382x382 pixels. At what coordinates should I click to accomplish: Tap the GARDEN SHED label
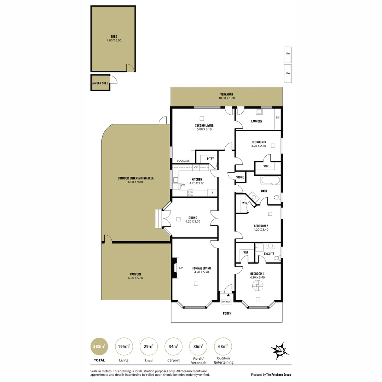click(100, 83)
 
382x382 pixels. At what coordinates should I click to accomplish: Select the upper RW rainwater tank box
click(288, 53)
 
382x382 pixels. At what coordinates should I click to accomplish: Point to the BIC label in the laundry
click(277, 117)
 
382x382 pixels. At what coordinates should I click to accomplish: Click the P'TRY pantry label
click(210, 159)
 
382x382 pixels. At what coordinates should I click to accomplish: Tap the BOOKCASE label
click(183, 161)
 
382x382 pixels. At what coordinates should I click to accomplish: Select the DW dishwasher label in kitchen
click(183, 185)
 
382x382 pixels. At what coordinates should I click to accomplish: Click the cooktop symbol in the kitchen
click(191, 193)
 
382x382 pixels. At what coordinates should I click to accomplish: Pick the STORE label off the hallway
click(240, 177)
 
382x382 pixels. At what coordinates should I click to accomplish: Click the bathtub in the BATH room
click(270, 181)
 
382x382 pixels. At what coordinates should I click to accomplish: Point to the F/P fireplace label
click(181, 268)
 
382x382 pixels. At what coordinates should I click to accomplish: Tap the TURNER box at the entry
click(226, 302)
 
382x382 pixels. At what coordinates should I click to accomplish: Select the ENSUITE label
click(269, 254)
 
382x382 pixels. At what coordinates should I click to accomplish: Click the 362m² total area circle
click(99, 347)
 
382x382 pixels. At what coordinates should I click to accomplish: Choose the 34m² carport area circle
click(173, 347)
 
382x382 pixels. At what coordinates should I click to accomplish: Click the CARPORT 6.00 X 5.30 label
click(135, 276)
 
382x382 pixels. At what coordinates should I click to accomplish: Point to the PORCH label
click(227, 313)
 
